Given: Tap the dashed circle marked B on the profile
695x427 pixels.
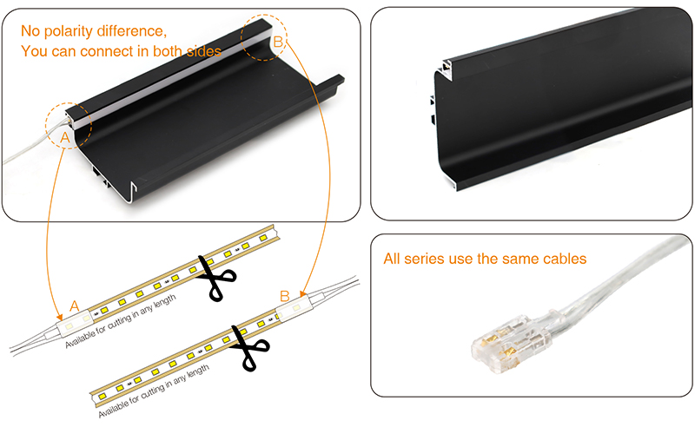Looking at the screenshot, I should [x=265, y=37].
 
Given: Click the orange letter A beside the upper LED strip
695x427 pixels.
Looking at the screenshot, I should [x=75, y=305].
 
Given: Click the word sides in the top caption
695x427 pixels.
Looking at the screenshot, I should [x=203, y=51].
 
